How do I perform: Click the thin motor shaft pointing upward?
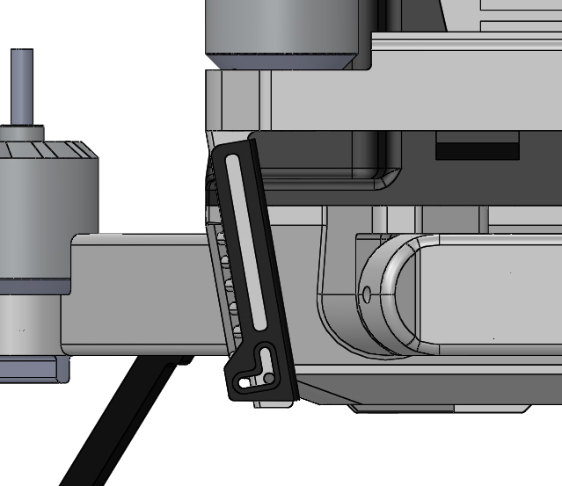pos(22,83)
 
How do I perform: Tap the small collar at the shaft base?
pos(21,133)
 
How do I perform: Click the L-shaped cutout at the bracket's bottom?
pos(263,361)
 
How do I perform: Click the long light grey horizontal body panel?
pos(413,97)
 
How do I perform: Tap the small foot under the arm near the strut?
pos(184,359)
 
